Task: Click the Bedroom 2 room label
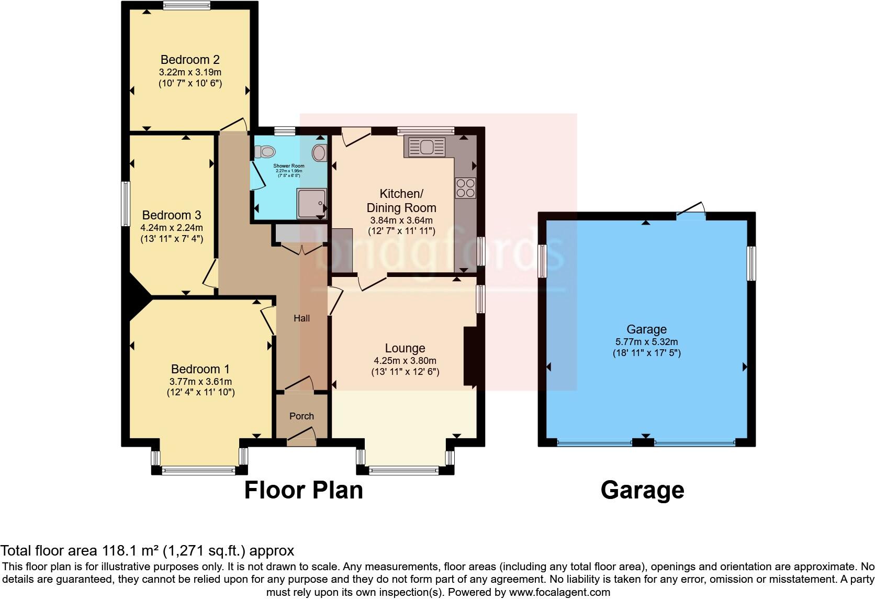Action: click(x=189, y=59)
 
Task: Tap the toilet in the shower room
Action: click(x=266, y=152)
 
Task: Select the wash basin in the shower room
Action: click(x=319, y=153)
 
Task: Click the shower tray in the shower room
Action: click(x=311, y=203)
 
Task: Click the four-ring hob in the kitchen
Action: click(x=465, y=188)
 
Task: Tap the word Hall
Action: click(x=301, y=318)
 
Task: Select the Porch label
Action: click(x=301, y=416)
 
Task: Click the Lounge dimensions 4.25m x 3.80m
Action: click(x=405, y=360)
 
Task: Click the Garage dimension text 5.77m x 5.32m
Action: click(x=646, y=341)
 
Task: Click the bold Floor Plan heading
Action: click(x=304, y=491)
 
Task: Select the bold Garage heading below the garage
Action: click(x=642, y=491)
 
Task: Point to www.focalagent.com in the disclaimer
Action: click(x=559, y=592)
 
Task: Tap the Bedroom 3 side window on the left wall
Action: click(x=126, y=204)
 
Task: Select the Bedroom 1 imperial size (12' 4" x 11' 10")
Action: click(x=200, y=392)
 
